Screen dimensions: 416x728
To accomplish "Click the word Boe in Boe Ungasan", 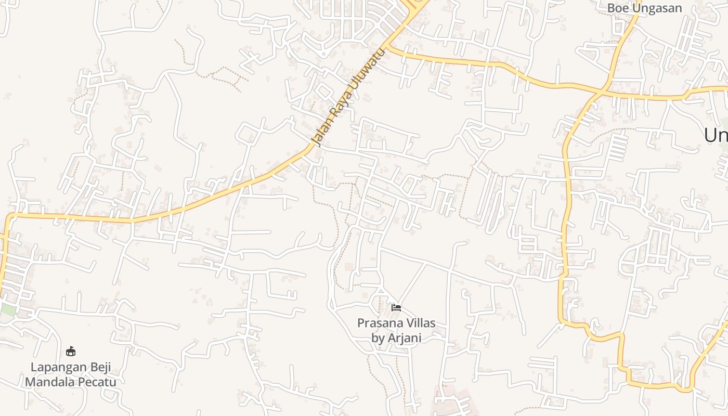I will [618, 8].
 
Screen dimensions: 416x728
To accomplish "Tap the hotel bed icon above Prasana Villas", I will [396, 308].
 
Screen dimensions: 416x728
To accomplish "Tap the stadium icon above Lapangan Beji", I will [71, 352].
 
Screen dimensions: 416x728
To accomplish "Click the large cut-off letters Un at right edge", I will [716, 135].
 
